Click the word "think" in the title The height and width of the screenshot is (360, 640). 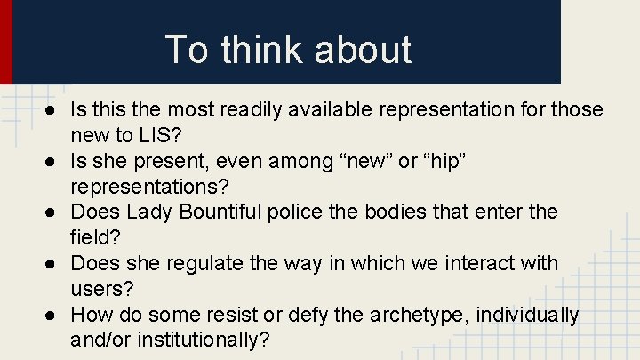coord(257,50)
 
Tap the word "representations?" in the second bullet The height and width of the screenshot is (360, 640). coord(149,187)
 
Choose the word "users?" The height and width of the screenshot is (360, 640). coord(100,289)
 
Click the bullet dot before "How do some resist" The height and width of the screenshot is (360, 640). coord(55,316)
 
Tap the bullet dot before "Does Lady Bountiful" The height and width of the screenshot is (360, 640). coord(55,212)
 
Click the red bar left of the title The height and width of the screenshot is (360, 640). coord(5,41)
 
